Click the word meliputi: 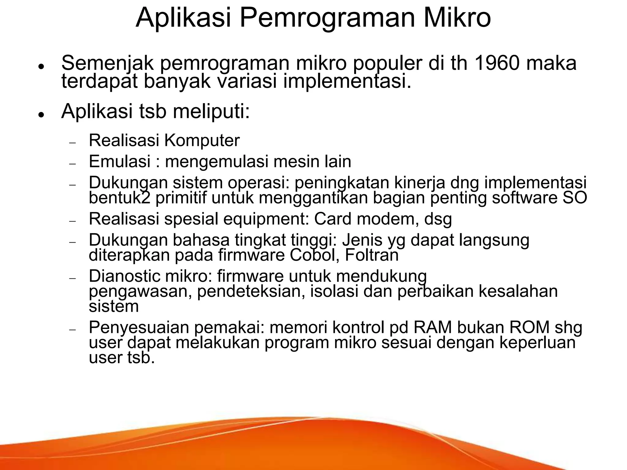[x=211, y=111]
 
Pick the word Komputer [x=202, y=141]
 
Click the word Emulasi [x=119, y=161]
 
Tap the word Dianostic [x=125, y=276]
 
